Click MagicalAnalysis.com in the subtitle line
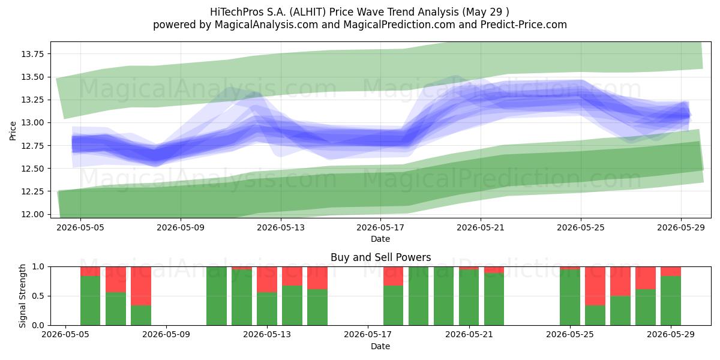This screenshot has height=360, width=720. pyautogui.click(x=266, y=25)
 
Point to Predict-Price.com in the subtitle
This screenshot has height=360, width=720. pyautogui.click(x=524, y=25)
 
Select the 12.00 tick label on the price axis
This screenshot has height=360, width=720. pyautogui.click(x=32, y=214)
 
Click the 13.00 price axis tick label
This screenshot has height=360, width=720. pyautogui.click(x=32, y=123)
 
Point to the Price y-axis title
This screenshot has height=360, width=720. pyautogui.click(x=13, y=131)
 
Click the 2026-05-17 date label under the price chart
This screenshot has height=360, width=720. pyautogui.click(x=380, y=227)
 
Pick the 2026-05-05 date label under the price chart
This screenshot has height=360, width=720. pyautogui.click(x=80, y=227)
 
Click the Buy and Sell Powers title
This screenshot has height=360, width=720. pyautogui.click(x=380, y=257)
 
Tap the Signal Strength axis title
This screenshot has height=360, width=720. pyautogui.click(x=22, y=296)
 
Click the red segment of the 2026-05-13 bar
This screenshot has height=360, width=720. pyautogui.click(x=267, y=280)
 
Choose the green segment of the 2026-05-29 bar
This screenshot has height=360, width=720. pyautogui.click(x=671, y=301)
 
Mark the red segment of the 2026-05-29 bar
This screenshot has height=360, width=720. pyautogui.click(x=671, y=272)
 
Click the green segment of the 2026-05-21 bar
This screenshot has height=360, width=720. pyautogui.click(x=469, y=298)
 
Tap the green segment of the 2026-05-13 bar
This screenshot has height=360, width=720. pyautogui.click(x=267, y=308)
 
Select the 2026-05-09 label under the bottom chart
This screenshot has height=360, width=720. pyautogui.click(x=166, y=335)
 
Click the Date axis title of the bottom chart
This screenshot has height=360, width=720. pyautogui.click(x=380, y=347)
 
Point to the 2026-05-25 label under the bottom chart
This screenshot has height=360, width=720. pyautogui.click(x=570, y=335)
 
